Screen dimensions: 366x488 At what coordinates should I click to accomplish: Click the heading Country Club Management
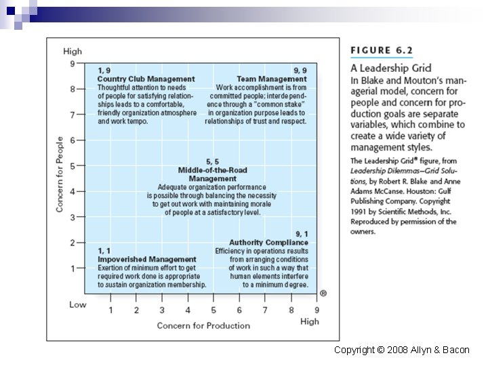(x=146, y=79)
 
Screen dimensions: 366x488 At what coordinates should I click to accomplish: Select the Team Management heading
(x=272, y=79)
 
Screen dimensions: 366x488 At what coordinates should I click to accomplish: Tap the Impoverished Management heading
(x=147, y=260)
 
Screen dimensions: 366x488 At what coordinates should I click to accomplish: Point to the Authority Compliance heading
(x=268, y=243)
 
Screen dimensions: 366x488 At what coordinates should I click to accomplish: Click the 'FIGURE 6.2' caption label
(x=381, y=49)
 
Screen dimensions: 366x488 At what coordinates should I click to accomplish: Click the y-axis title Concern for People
(x=60, y=174)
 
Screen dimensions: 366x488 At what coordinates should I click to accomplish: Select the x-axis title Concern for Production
(x=203, y=325)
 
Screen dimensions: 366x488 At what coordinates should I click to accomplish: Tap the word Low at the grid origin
(x=78, y=304)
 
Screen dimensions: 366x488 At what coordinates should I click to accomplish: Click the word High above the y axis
(x=73, y=52)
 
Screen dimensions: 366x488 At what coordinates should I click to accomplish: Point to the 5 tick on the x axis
(x=213, y=310)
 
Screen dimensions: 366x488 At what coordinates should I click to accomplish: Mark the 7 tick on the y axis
(x=73, y=115)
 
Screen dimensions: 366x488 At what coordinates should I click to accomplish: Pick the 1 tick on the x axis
(x=111, y=310)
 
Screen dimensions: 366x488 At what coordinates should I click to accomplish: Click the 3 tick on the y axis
(x=73, y=217)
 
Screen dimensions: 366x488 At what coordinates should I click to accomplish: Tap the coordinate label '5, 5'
(x=212, y=161)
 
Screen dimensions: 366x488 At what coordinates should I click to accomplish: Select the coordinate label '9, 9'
(x=300, y=70)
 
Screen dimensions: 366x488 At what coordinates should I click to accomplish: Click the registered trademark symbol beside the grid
(x=323, y=293)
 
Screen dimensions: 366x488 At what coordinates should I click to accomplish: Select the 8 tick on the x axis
(x=291, y=310)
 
